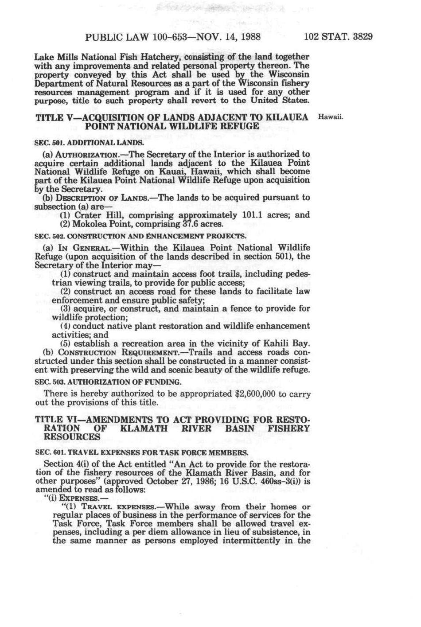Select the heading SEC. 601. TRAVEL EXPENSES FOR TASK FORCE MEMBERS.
click(141, 452)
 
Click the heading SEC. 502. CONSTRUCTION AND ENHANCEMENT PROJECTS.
click(140, 236)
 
